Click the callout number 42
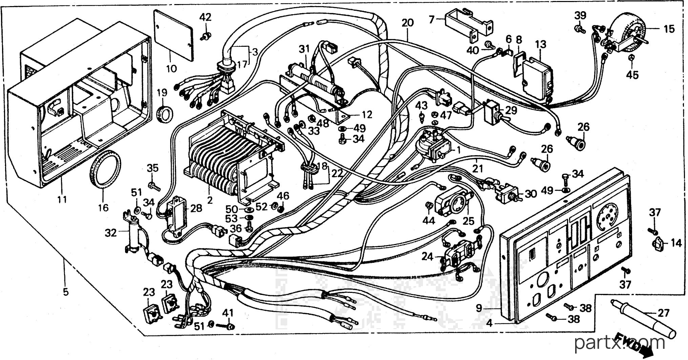(205, 17)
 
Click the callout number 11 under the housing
(62, 199)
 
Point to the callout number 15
(669, 29)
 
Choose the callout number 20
(408, 23)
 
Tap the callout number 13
(541, 44)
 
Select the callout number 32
(110, 233)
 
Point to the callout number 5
(65, 291)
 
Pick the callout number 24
(428, 257)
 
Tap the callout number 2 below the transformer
(210, 200)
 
